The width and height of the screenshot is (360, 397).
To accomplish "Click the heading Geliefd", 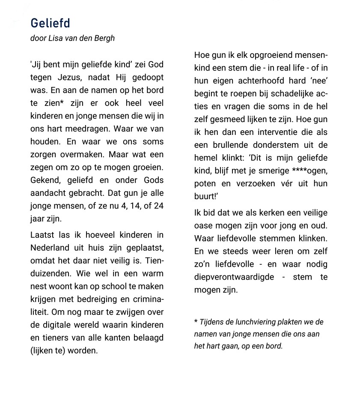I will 50,23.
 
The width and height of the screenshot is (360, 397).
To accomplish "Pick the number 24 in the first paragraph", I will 158,206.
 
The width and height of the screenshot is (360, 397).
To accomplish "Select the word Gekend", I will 45,180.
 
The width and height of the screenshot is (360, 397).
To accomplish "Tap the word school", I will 111,286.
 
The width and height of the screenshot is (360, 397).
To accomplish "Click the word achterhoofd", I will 265,81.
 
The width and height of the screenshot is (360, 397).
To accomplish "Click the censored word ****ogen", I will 309,170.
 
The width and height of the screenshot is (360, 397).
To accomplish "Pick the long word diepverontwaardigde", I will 234,277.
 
